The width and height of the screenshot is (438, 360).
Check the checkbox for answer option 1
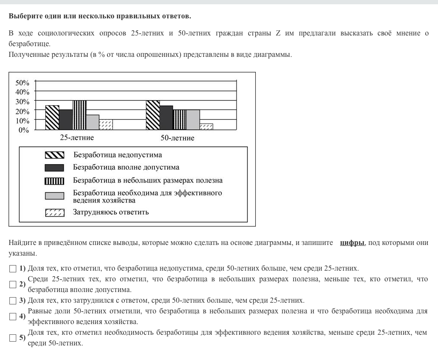point(12,269)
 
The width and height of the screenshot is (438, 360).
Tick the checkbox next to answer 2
point(12,284)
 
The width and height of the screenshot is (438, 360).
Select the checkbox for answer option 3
point(12,300)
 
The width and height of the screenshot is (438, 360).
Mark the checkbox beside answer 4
point(12,316)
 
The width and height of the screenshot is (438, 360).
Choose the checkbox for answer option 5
point(12,338)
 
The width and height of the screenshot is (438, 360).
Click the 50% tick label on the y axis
point(22,83)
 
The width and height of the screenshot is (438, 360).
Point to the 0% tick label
point(24,130)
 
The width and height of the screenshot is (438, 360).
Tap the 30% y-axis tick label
point(22,101)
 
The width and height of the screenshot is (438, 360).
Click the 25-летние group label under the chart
point(77,138)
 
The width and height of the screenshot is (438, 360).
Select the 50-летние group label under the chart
point(177,138)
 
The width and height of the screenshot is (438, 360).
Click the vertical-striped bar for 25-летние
point(79,115)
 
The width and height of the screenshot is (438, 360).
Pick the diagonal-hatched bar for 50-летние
point(153,115)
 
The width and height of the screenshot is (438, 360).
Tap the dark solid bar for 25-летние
point(66,120)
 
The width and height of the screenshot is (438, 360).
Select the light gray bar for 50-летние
point(193,120)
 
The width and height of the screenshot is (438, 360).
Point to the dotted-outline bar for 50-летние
point(206,127)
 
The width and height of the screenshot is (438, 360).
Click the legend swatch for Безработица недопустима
point(54,155)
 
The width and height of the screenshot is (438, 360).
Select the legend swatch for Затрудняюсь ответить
point(54,212)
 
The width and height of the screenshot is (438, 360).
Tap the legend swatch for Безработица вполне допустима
point(54,168)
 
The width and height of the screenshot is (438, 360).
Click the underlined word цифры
point(352,243)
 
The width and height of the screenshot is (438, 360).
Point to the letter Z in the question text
point(278,33)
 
